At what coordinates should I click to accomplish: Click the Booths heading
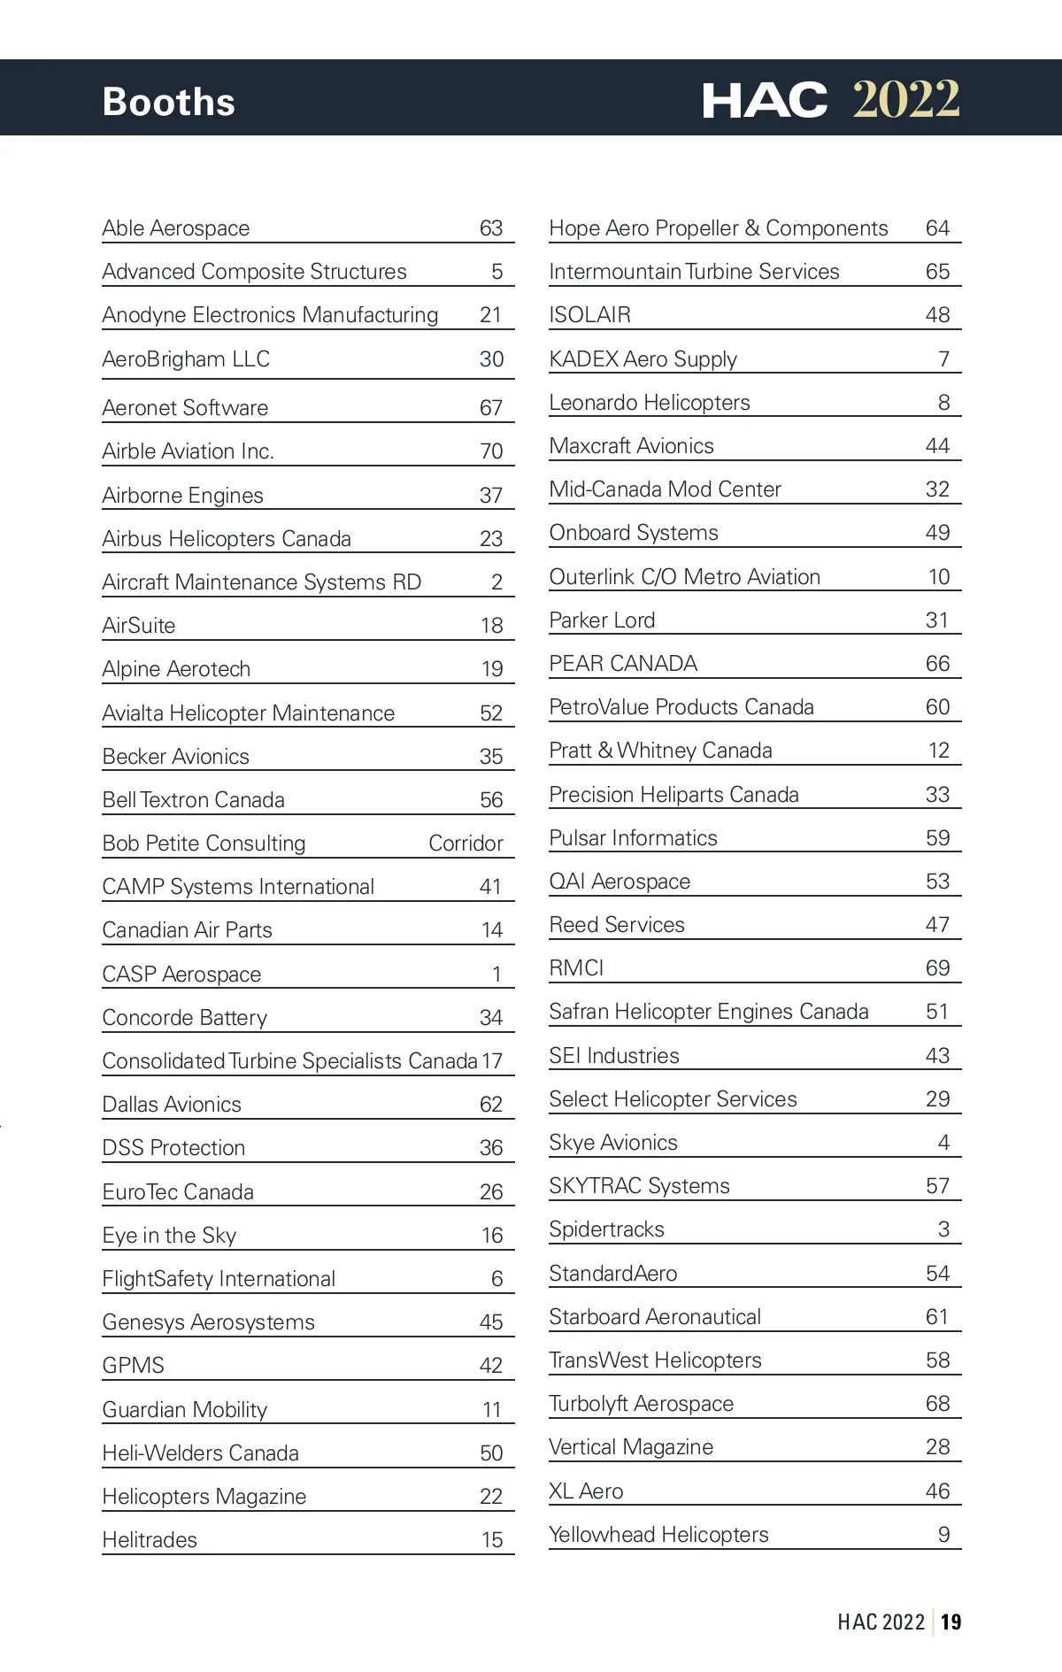point(168,102)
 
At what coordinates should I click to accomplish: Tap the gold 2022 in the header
point(905,99)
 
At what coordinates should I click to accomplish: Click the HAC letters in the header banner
point(765,100)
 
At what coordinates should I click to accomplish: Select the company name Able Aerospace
point(176,228)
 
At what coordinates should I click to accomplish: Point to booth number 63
point(491,228)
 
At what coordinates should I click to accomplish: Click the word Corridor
point(466,844)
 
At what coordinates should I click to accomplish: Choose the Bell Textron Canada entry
point(194,800)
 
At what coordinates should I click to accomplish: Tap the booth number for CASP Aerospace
point(497,975)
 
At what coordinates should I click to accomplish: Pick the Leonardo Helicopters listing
point(650,403)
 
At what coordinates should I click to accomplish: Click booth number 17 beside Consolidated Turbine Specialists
point(492,1061)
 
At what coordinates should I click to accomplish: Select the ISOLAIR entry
point(590,315)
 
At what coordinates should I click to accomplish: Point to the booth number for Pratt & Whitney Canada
point(939,751)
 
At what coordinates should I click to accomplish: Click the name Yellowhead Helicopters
point(659,1535)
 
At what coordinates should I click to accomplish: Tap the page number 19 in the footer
point(951,1622)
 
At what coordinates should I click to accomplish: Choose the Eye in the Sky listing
point(170,1236)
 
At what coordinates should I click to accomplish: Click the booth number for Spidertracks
point(943,1229)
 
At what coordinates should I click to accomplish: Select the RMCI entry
point(576,968)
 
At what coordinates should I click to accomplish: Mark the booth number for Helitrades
point(492,1540)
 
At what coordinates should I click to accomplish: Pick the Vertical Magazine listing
point(631,1447)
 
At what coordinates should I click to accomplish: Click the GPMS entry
point(134,1366)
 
